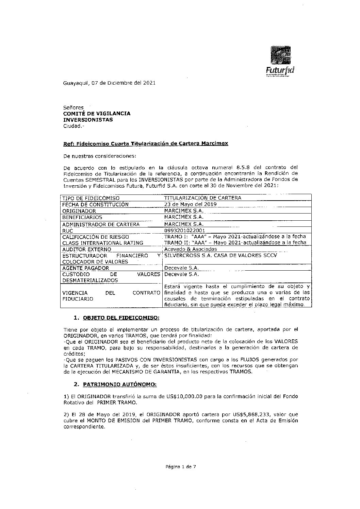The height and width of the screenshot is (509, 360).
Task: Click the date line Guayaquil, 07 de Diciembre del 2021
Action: pyautogui.click(x=109, y=83)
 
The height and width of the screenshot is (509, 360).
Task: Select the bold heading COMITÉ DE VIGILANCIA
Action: pyautogui.click(x=97, y=114)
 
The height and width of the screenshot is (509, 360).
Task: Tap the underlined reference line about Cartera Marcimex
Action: pyautogui.click(x=146, y=144)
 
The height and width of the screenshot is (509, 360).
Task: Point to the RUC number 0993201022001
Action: pyautogui.click(x=184, y=230)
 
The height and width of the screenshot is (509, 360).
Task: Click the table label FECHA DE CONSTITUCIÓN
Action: pyautogui.click(x=95, y=204)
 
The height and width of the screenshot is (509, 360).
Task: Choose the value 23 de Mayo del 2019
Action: pyautogui.click(x=190, y=204)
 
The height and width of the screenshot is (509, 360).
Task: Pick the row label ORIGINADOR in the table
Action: pyautogui.click(x=79, y=211)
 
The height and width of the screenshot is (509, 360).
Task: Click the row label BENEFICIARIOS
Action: pyautogui.click(x=82, y=217)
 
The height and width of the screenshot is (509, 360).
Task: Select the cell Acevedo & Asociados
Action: pyautogui.click(x=190, y=249)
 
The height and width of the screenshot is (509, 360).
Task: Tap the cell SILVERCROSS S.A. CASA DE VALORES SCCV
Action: pyautogui.click(x=220, y=255)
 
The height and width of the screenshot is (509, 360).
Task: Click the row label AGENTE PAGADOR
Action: pyautogui.click(x=85, y=268)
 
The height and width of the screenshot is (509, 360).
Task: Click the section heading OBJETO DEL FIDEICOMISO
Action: pyautogui.click(x=121, y=318)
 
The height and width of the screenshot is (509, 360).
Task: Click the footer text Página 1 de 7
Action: pyautogui.click(x=181, y=467)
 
